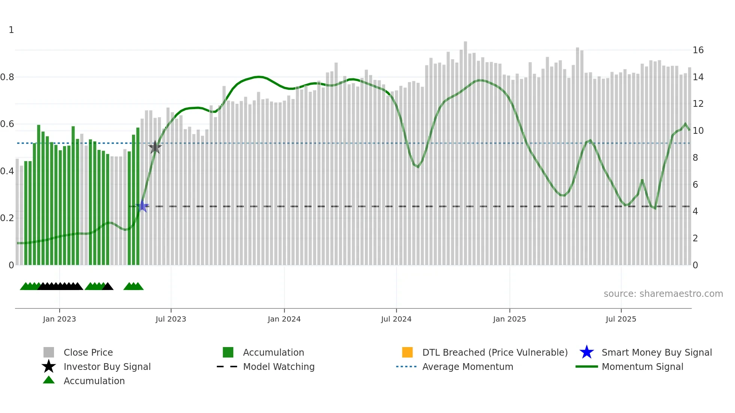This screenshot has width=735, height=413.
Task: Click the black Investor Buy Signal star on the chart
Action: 155,147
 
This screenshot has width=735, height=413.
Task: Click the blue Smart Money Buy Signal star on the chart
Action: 142,206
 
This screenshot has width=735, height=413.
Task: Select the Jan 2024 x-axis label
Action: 284,319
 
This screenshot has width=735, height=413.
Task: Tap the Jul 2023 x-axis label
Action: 171,319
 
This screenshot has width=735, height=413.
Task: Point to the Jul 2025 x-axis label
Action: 621,319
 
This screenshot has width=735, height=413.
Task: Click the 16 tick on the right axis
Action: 698,50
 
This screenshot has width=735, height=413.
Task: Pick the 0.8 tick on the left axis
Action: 7,77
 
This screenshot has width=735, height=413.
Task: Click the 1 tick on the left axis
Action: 11,30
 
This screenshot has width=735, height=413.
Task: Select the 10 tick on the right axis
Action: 698,131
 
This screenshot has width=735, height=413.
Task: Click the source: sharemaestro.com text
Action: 663,294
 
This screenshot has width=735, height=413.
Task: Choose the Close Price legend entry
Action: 88,352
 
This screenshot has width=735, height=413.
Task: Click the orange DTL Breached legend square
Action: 407,352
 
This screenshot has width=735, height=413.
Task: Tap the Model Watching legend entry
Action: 278,367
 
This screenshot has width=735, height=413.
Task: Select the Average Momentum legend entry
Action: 467,367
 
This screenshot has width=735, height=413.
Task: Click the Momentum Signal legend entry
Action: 642,367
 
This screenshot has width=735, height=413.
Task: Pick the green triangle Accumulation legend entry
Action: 94,381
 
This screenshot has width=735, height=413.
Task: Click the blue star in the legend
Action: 586,352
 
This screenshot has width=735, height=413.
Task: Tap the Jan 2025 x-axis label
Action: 509,319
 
